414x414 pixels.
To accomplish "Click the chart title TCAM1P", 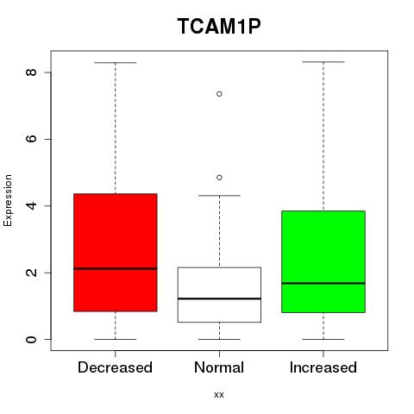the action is pyautogui.click(x=219, y=26).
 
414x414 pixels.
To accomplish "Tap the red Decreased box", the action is pyautogui.click(x=116, y=253).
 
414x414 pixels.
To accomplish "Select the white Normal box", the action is pyautogui.click(x=219, y=295).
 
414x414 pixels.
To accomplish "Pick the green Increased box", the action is pyautogui.click(x=323, y=261).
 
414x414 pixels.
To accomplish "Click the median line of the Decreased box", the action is pyautogui.click(x=116, y=269).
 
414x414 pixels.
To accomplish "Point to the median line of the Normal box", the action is pyautogui.click(x=219, y=298).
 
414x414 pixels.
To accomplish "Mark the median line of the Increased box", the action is pyautogui.click(x=323, y=283).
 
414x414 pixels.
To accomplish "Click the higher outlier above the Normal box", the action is pyautogui.click(x=219, y=94).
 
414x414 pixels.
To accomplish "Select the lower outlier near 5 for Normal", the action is pyautogui.click(x=219, y=178).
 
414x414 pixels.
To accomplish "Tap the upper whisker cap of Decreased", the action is pyautogui.click(x=116, y=62).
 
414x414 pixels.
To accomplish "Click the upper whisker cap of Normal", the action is pyautogui.click(x=219, y=196).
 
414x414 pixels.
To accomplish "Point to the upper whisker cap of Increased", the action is pyautogui.click(x=323, y=62).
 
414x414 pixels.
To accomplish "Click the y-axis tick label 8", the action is pyautogui.click(x=31, y=72).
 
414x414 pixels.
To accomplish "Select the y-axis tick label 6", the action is pyautogui.click(x=31, y=139).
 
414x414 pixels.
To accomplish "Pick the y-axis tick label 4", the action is pyautogui.click(x=31, y=205).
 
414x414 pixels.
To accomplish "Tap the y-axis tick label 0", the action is pyautogui.click(x=31, y=339).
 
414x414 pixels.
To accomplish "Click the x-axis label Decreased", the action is pyautogui.click(x=115, y=367).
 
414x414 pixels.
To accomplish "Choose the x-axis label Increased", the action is pyautogui.click(x=323, y=367).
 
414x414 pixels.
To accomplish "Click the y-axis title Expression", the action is pyautogui.click(x=8, y=200).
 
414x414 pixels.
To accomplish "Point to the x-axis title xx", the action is pyautogui.click(x=219, y=395).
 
